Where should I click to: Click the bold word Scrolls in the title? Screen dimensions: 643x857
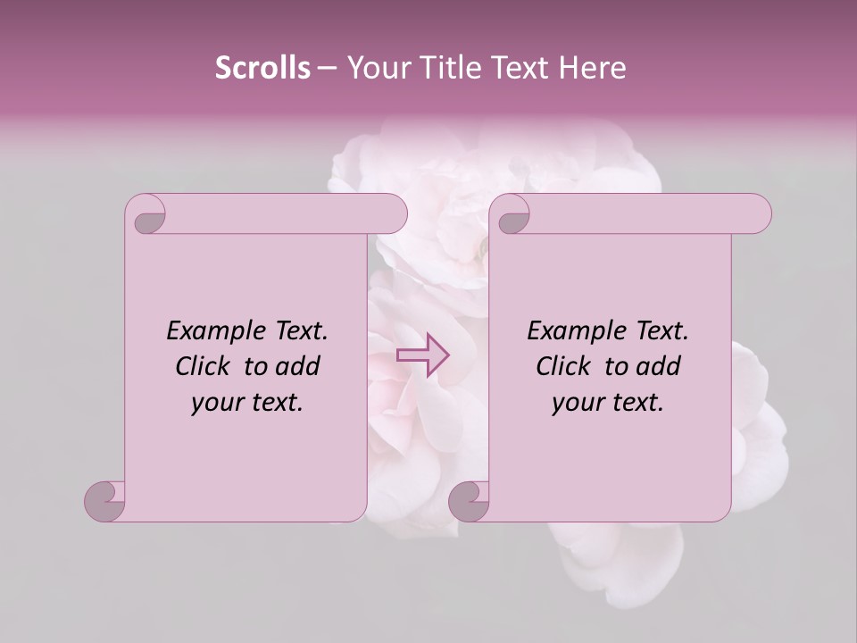(263, 67)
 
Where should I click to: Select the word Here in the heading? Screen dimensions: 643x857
(594, 67)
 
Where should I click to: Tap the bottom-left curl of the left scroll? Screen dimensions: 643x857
(106, 500)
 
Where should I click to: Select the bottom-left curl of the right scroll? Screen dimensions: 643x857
(470, 500)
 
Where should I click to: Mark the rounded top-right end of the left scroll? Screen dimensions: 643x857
(394, 213)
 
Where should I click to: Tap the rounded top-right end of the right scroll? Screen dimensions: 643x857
(758, 213)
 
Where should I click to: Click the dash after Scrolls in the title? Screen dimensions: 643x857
(327, 67)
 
